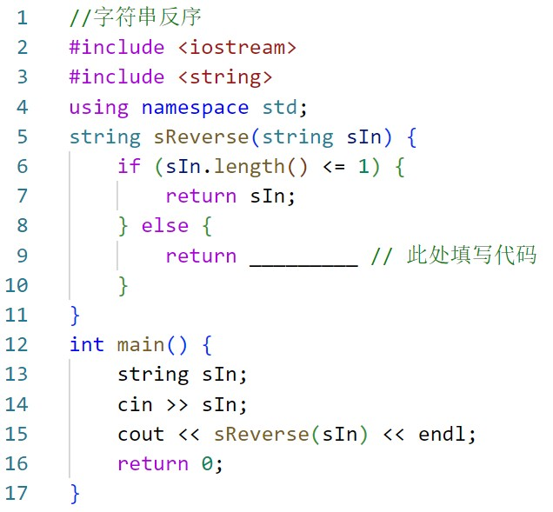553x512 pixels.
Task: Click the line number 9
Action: point(23,256)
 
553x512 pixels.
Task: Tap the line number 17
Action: point(17,494)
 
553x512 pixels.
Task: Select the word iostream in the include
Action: point(237,48)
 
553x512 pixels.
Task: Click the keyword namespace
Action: point(195,108)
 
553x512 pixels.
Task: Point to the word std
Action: point(280,107)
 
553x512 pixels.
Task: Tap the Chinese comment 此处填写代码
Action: point(471,254)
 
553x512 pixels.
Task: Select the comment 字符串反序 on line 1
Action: point(148,17)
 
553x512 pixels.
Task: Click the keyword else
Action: point(165,226)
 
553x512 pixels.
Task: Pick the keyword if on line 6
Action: point(129,166)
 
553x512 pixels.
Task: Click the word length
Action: point(250,167)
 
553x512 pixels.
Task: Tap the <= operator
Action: point(334,166)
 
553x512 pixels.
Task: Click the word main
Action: point(141,344)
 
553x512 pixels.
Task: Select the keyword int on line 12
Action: point(87,344)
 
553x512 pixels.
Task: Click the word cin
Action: point(135,405)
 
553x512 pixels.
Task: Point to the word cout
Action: point(141,435)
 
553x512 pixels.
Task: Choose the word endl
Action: point(442,434)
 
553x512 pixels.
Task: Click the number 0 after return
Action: point(207,463)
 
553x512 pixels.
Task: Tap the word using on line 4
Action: point(99,108)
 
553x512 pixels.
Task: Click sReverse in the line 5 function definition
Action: point(201,137)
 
